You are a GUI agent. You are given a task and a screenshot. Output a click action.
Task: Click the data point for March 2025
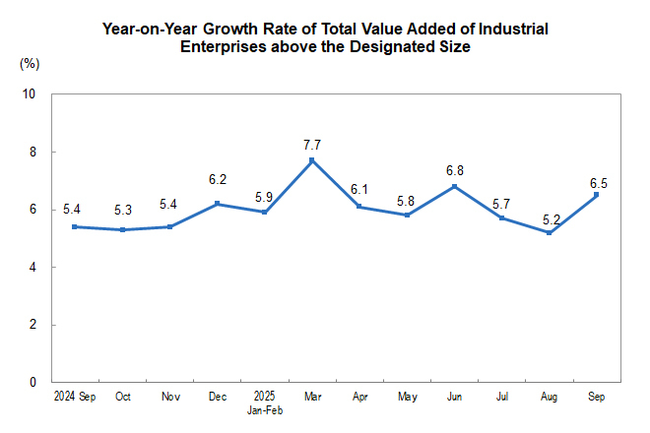pyautogui.click(x=311, y=160)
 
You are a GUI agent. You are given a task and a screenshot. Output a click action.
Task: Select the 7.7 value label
pyautogui.click(x=311, y=145)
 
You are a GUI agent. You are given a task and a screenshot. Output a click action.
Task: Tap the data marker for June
pyautogui.click(x=454, y=186)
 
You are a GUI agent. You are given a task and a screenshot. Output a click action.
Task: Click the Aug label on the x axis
pyautogui.click(x=549, y=398)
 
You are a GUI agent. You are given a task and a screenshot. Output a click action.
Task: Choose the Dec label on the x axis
pyautogui.click(x=217, y=398)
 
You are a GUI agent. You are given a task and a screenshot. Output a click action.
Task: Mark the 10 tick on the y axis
pyautogui.click(x=30, y=94)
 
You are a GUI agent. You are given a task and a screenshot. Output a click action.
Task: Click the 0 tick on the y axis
pyautogui.click(x=32, y=382)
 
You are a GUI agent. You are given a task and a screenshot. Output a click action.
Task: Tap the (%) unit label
pyautogui.click(x=29, y=64)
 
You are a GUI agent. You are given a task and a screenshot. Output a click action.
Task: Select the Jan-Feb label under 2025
pyautogui.click(x=264, y=409)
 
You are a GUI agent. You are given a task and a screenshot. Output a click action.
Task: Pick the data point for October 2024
pyautogui.click(x=121, y=229)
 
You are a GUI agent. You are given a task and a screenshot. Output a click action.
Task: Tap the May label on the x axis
pyautogui.click(x=407, y=398)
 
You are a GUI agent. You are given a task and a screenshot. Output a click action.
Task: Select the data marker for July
pyautogui.click(x=501, y=217)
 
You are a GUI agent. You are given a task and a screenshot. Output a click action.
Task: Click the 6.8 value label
pyautogui.click(x=454, y=170)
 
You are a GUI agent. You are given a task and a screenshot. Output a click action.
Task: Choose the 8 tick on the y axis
pyautogui.click(x=32, y=153)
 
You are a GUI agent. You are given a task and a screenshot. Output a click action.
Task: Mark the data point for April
pyautogui.click(x=358, y=207)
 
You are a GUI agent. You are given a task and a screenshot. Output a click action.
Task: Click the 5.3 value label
pyautogui.click(x=121, y=211)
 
